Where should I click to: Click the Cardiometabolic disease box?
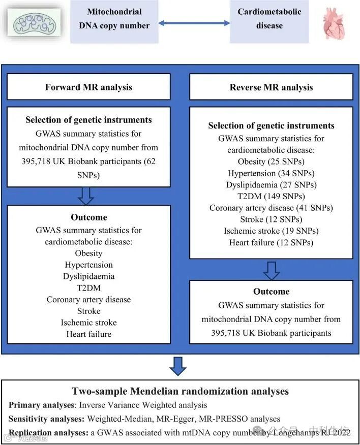click(x=269, y=18)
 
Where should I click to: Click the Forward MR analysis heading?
click(x=88, y=87)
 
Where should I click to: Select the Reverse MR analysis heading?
click(x=271, y=87)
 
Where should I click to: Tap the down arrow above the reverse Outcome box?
click(x=271, y=270)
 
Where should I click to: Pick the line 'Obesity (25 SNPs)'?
click(x=271, y=162)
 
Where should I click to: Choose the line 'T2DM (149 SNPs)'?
click(x=271, y=196)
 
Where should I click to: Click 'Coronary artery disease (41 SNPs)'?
click(x=271, y=208)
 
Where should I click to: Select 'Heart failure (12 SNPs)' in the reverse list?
click(x=271, y=242)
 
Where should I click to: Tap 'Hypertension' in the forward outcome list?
click(x=88, y=265)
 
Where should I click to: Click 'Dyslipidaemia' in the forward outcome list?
click(x=88, y=276)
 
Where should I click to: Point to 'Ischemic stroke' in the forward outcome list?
click(x=88, y=323)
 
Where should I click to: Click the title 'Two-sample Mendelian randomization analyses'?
click(x=181, y=391)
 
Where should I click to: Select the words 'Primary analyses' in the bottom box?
click(x=40, y=405)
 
